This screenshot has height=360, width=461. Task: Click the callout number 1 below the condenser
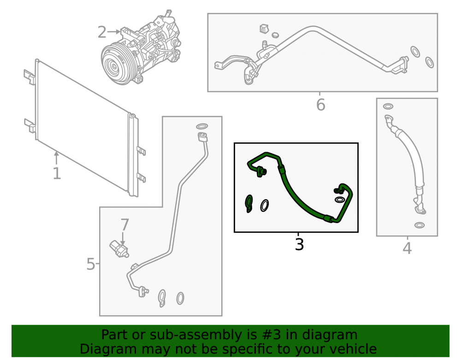point(57,173)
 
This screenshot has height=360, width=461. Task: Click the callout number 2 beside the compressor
point(102,32)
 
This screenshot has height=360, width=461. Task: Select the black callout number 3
point(299,244)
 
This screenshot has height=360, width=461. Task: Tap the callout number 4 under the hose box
point(407,248)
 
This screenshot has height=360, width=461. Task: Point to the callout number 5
point(91,264)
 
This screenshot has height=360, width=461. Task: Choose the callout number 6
point(321,105)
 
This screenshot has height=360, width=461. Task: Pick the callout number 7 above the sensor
point(124,225)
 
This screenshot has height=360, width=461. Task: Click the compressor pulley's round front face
point(113,66)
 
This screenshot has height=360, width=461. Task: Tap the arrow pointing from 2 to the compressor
point(114,32)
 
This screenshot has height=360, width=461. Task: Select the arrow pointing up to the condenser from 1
point(56,158)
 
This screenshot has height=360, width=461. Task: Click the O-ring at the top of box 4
point(388,106)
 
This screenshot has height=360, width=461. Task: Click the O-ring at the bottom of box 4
point(419,225)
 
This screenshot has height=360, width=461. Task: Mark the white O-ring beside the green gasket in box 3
point(264,206)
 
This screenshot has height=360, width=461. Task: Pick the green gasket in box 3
point(249,203)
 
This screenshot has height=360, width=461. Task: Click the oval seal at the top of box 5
point(202,126)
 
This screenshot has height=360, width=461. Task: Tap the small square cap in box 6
point(264,28)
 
